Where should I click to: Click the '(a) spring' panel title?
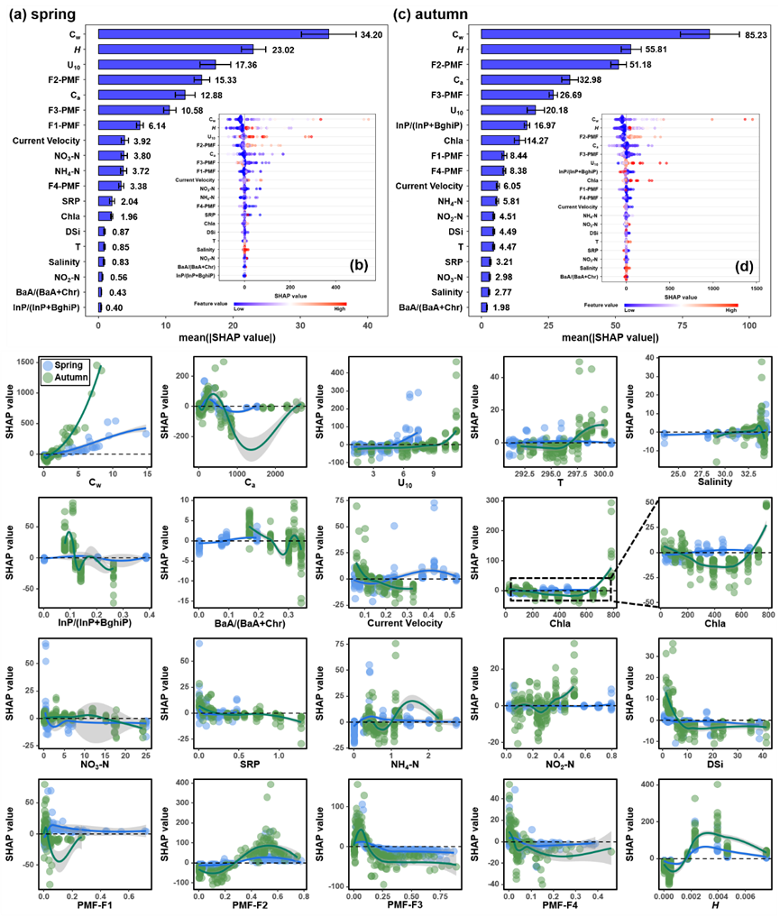coord(41,14)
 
